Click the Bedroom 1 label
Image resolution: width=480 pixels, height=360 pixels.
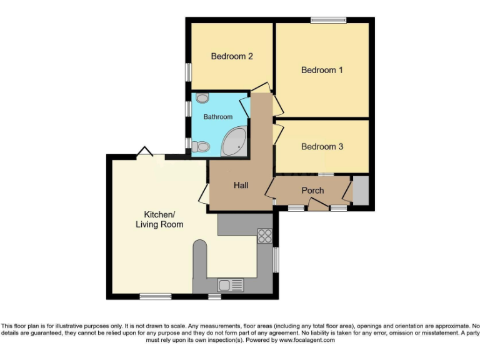coord(322,70)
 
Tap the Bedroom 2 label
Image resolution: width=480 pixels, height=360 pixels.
coord(232,56)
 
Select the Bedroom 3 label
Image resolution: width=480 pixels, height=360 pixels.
coord(322,147)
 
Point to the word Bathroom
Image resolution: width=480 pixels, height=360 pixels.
coord(217,117)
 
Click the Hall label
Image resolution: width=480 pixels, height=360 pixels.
coord(241,186)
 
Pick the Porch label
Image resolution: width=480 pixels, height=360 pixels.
coord(312,190)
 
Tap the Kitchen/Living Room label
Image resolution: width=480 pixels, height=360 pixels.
coord(159,219)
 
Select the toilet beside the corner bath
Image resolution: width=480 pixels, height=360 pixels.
coord(201,146)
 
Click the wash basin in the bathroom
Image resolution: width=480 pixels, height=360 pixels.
coord(202,98)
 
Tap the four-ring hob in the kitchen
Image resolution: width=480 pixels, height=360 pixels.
coord(265,236)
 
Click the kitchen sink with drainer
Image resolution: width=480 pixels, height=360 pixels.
coord(231,286)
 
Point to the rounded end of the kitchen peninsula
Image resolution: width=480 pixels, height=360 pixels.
coord(200,246)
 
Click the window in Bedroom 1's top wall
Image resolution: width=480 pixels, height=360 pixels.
coord(329,21)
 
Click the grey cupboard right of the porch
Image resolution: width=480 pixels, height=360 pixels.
coord(361,190)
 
